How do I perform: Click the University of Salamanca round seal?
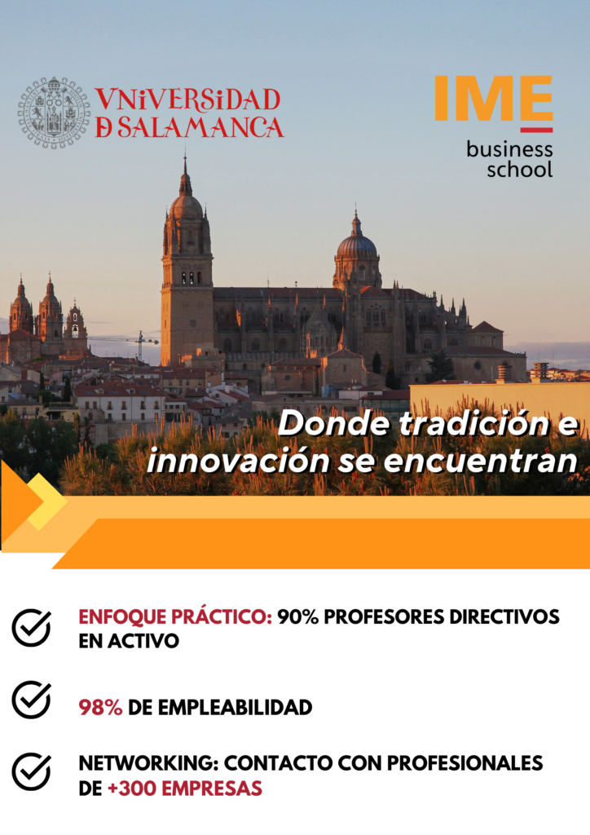55,113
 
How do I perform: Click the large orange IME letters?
494,98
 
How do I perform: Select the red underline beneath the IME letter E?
536,130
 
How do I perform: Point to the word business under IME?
509,150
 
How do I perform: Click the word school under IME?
520,170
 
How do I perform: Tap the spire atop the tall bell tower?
185,176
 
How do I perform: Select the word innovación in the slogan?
238,461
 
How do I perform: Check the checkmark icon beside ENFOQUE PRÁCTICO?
32,628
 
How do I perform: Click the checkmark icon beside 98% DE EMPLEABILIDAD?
32,700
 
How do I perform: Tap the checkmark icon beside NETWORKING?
32,771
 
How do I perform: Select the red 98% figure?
100,708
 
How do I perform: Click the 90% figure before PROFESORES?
298,617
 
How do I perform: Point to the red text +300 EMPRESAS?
185,789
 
